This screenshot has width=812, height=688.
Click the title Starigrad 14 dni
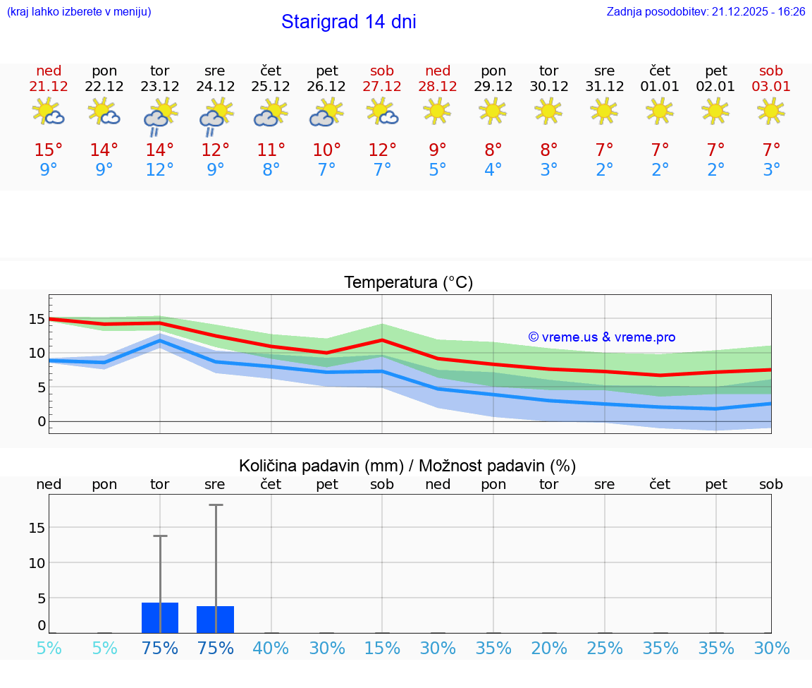point(348,22)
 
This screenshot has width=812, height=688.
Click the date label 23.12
point(160,86)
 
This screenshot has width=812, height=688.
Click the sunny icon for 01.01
point(660,111)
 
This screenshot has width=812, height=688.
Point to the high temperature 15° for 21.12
point(49,150)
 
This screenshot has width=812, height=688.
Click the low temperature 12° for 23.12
point(160,170)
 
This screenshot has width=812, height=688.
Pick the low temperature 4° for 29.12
point(493,170)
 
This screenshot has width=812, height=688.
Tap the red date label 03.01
point(771,86)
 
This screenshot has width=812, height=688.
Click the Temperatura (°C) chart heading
point(408,283)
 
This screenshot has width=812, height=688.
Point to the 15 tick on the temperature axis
point(37,319)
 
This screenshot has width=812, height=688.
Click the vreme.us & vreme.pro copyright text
point(601,337)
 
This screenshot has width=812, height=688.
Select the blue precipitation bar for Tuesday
point(160,617)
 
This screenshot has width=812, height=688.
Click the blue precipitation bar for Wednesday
point(215,620)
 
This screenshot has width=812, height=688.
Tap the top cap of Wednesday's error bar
point(215,505)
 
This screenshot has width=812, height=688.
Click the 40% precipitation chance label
point(271,648)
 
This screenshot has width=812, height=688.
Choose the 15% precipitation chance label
point(382,648)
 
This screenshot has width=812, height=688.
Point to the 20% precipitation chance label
point(549,648)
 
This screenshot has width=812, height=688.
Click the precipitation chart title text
point(407,466)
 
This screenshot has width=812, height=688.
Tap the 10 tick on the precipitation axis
point(37,563)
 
